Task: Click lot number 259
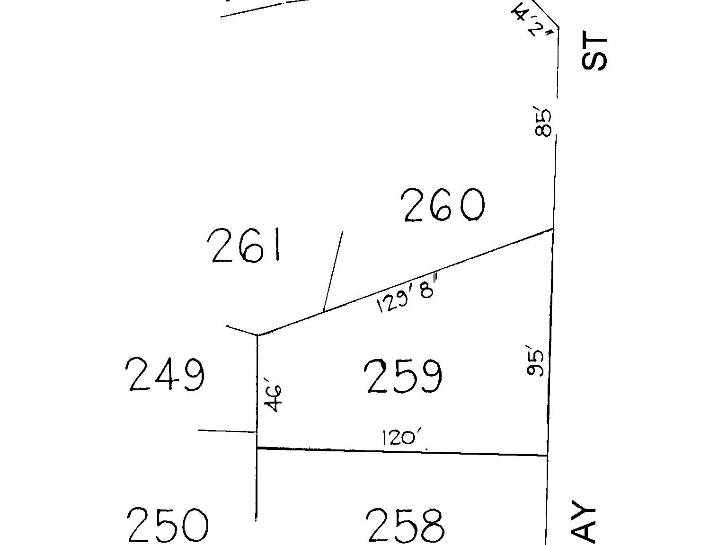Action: pyautogui.click(x=405, y=377)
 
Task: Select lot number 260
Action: pyautogui.click(x=443, y=205)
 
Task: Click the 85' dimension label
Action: pyautogui.click(x=544, y=123)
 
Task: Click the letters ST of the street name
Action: pyautogui.click(x=594, y=51)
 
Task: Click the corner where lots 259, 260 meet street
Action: pyautogui.click(x=553, y=229)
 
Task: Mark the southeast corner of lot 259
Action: pyautogui.click(x=548, y=455)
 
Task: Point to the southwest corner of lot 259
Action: pyautogui.click(x=257, y=448)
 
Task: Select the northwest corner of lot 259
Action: pyautogui.click(x=257, y=335)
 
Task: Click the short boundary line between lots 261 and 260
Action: pyautogui.click(x=333, y=272)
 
